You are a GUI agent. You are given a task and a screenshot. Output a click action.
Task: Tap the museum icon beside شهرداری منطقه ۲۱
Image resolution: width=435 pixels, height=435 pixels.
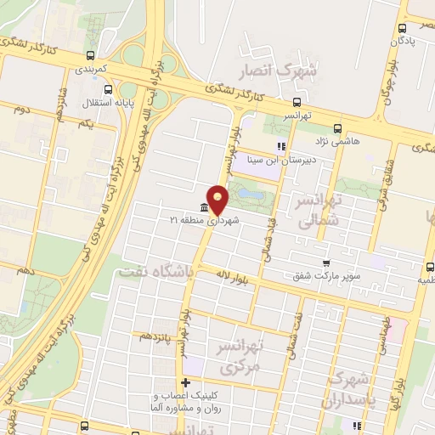coord(204,209)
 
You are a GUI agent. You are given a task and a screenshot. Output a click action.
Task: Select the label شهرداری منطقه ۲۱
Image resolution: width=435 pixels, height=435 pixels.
coord(204,221)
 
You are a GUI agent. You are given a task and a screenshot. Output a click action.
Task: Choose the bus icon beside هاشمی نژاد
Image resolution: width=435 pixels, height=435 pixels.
coord(337,130)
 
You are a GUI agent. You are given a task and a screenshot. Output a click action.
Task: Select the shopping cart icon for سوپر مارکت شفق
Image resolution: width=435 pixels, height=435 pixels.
coord(325,263)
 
